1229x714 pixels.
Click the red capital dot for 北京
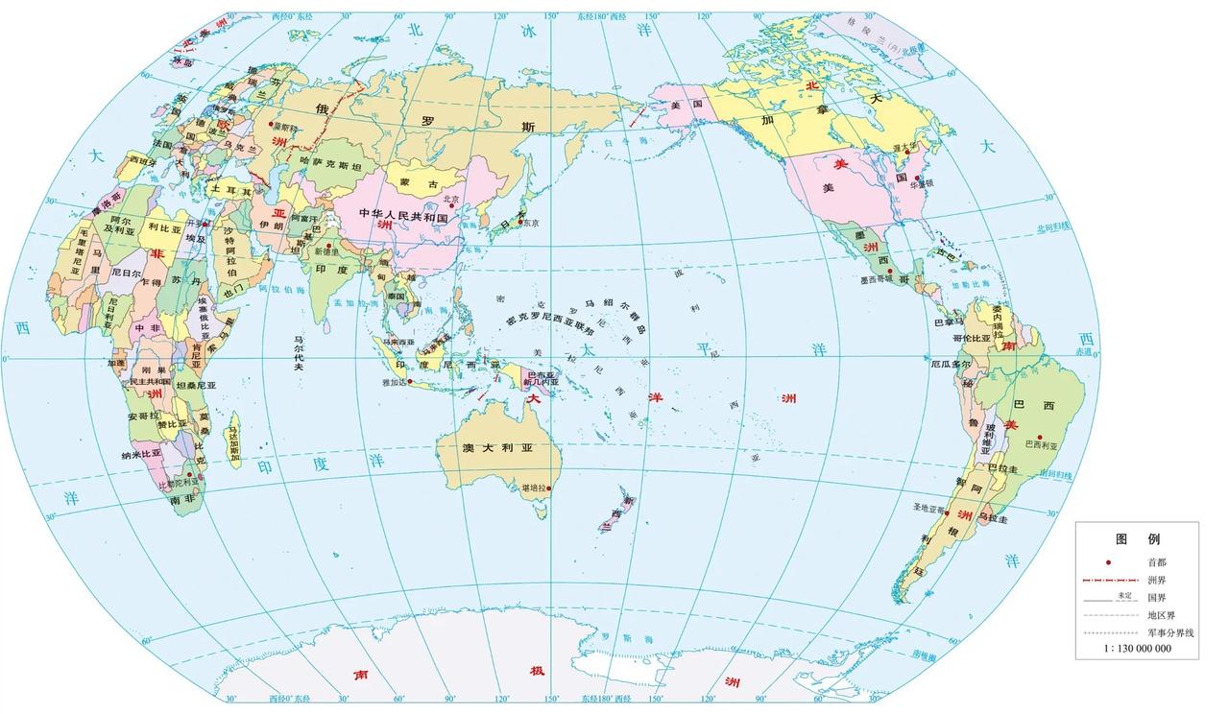click(x=450, y=205)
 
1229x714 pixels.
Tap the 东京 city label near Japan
click(x=530, y=223)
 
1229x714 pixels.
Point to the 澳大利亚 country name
click(x=496, y=448)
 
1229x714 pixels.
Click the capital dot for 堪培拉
click(x=550, y=488)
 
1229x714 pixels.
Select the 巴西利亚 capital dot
click(x=1039, y=438)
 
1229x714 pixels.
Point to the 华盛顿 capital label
click(x=922, y=190)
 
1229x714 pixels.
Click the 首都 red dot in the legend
click(x=1108, y=562)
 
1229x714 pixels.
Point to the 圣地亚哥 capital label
click(x=928, y=506)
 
